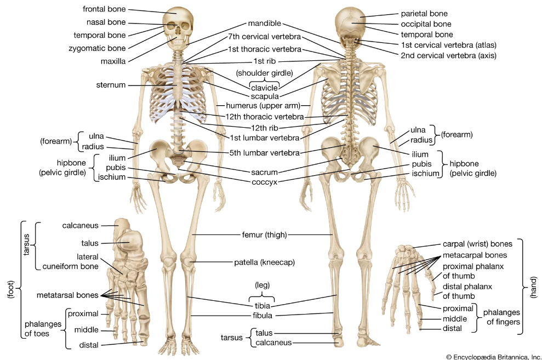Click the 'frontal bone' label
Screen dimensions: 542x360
(104, 9)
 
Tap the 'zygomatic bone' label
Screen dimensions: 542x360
(97, 48)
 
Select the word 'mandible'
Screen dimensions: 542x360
(265, 23)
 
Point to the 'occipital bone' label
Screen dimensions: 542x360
(426, 24)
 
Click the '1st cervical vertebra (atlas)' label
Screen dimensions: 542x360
(449, 45)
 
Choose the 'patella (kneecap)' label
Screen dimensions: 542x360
(265, 262)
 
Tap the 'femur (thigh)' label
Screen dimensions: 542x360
(265, 235)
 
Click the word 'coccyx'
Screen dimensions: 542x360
(265, 182)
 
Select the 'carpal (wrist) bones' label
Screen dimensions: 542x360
(477, 244)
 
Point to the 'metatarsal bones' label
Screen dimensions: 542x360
(67, 295)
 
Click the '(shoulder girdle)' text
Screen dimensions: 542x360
(265, 73)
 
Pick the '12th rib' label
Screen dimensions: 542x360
(265, 128)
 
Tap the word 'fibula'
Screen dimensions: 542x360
(263, 316)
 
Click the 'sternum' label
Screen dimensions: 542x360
(111, 85)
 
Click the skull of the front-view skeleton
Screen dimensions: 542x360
(178, 26)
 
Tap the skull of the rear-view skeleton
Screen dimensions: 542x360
(350, 27)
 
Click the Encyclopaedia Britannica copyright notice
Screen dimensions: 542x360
(494, 357)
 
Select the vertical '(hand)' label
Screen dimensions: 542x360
(534, 287)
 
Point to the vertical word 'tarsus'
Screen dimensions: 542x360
(26, 244)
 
